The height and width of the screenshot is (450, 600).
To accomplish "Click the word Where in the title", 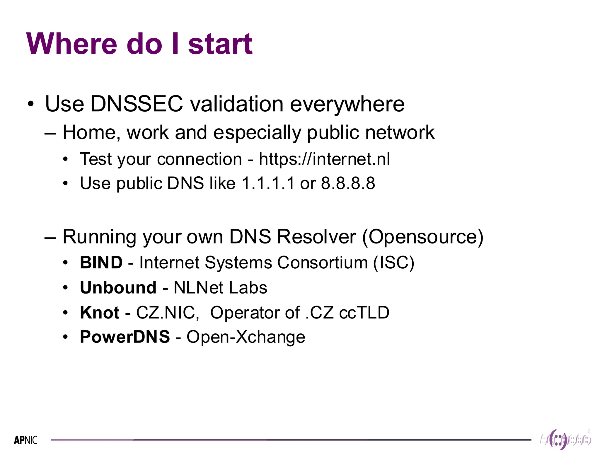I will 72,44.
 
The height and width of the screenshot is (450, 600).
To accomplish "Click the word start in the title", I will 220,44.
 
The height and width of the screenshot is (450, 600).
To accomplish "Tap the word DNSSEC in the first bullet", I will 137,104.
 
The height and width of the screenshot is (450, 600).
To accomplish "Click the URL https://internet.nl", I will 324,159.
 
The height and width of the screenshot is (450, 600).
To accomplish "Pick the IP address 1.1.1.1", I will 268,183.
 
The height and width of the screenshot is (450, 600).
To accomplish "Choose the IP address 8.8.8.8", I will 348,183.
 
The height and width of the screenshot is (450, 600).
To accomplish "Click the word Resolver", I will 316,236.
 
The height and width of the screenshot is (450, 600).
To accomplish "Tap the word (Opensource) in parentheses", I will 423,237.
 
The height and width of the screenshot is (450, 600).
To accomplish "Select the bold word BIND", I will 101,262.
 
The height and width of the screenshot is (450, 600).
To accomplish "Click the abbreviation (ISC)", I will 394,262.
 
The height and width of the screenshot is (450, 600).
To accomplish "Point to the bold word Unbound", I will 118,287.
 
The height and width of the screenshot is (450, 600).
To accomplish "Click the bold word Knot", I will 100,312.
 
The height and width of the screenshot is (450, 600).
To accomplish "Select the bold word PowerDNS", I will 125,337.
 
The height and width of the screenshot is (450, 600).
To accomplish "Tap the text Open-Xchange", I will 246,337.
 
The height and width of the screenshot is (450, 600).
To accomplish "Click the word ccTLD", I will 364,312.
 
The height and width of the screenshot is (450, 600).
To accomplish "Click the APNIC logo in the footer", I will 26,440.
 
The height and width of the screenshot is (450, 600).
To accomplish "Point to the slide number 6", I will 589,431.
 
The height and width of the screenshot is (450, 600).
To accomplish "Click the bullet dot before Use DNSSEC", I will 31,104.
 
